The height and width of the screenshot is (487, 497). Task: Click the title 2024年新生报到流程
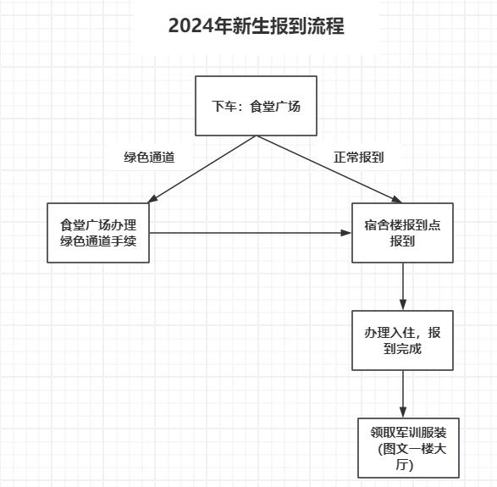click(x=256, y=26)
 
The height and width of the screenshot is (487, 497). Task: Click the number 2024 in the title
click(x=191, y=26)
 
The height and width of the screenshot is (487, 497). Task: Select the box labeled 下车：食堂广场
click(x=256, y=106)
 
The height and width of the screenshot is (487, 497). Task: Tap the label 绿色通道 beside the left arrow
click(x=149, y=158)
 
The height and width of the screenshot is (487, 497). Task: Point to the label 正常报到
click(x=358, y=158)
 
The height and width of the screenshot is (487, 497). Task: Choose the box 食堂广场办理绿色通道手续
click(x=98, y=233)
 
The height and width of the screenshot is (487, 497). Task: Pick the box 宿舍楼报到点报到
click(x=402, y=233)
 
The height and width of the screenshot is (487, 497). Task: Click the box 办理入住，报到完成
click(x=402, y=340)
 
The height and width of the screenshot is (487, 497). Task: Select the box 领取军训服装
click(x=409, y=448)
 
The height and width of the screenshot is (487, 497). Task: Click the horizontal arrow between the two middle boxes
click(x=251, y=233)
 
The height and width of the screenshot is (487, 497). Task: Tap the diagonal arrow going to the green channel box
click(x=202, y=169)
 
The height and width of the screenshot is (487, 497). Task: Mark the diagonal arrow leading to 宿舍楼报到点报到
click(x=329, y=169)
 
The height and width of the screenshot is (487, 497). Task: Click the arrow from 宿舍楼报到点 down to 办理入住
click(x=403, y=286)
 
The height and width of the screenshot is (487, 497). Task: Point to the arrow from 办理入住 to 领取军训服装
click(x=403, y=394)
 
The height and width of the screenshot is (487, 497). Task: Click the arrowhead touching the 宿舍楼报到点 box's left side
click(x=346, y=233)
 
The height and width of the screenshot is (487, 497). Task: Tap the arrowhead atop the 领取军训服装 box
click(x=403, y=412)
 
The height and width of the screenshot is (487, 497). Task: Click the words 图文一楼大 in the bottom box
click(x=415, y=449)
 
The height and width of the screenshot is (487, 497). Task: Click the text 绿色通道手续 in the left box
click(x=98, y=241)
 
